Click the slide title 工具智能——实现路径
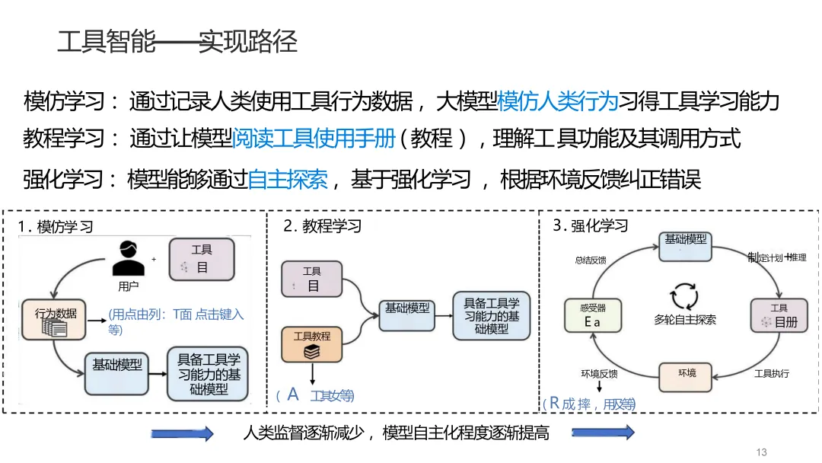tap(177, 41)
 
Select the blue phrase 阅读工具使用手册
tap(314, 139)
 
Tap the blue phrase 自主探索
tap(288, 180)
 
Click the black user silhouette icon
tap(128, 258)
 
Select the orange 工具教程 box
tap(312, 343)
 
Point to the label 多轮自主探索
tap(684, 320)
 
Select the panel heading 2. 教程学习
tap(322, 226)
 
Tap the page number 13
tap(762, 452)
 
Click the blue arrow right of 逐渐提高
tap(603, 433)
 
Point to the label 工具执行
tap(771, 373)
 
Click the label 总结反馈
tap(591, 260)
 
